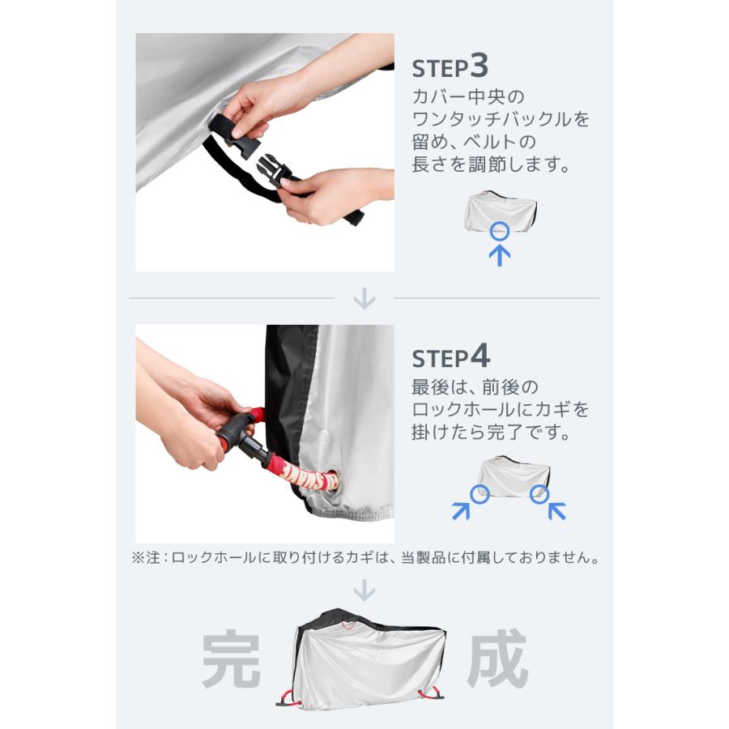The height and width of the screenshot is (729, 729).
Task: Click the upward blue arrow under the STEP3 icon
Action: click(x=501, y=254)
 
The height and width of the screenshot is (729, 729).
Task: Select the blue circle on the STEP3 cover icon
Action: click(x=501, y=230)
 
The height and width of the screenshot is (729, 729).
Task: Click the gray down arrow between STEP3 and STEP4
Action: click(x=364, y=300)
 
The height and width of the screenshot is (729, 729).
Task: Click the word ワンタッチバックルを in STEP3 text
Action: click(x=501, y=120)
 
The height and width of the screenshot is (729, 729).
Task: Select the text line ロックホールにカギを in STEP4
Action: click(x=501, y=409)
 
